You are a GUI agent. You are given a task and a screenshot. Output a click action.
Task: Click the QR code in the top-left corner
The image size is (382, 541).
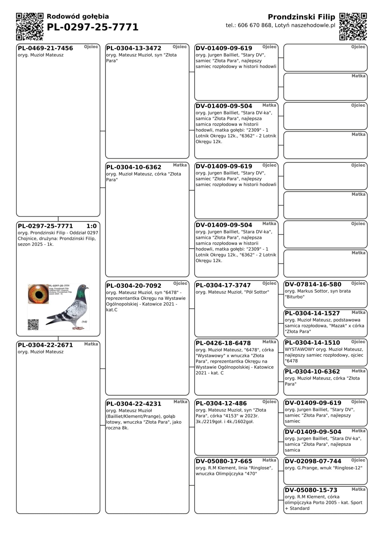point(30,26)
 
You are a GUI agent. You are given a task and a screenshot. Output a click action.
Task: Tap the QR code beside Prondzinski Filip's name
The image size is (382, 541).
point(353,26)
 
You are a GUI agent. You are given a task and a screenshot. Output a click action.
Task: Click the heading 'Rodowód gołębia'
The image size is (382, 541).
point(78,17)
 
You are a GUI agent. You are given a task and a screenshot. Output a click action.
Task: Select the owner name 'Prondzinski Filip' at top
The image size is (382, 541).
point(301,17)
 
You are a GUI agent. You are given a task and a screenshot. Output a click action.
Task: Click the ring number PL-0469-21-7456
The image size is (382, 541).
point(45,48)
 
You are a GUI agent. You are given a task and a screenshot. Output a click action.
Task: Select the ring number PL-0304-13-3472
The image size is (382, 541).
point(134,48)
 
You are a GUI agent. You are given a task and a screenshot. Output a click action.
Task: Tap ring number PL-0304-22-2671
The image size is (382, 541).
point(45,345)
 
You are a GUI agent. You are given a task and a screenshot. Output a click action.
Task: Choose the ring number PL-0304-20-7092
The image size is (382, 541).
point(134,286)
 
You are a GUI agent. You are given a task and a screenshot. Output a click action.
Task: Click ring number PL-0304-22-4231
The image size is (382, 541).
point(134,404)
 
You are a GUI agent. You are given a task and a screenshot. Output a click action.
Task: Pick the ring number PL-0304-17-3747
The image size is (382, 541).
point(223,285)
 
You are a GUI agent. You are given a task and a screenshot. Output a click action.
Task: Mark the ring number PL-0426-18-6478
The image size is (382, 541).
point(223,343)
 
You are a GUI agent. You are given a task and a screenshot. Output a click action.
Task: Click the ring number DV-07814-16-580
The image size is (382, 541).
point(313,284)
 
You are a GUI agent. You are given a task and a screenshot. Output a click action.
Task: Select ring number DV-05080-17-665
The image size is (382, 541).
point(224,461)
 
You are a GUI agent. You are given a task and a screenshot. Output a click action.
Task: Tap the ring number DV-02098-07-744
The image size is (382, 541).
point(313,461)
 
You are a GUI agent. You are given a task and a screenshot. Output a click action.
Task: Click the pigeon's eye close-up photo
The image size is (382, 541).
point(38,294)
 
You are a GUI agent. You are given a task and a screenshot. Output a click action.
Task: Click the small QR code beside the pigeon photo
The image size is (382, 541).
point(33,325)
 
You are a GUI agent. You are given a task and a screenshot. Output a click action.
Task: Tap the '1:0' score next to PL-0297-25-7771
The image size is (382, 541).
point(92,226)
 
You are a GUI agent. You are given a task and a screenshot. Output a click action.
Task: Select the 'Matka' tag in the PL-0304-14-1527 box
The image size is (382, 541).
point(358,312)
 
